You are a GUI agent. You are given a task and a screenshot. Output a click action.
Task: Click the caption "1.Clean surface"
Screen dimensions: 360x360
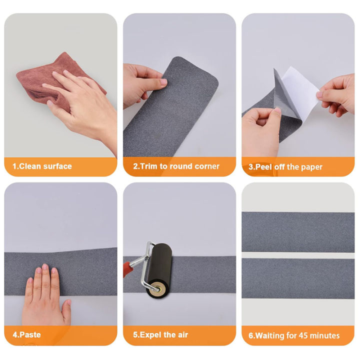coord(42,166)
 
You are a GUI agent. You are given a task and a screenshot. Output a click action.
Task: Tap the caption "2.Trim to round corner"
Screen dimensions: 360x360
coord(176,166)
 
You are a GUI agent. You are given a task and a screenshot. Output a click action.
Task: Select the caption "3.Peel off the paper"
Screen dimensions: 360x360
coord(285,167)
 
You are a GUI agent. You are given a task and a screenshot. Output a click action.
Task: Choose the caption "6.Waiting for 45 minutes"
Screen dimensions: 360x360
coord(294,335)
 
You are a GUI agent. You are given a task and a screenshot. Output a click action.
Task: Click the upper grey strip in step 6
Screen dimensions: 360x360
coord(298,225)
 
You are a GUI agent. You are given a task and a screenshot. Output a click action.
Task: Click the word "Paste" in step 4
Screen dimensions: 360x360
coord(30,335)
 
